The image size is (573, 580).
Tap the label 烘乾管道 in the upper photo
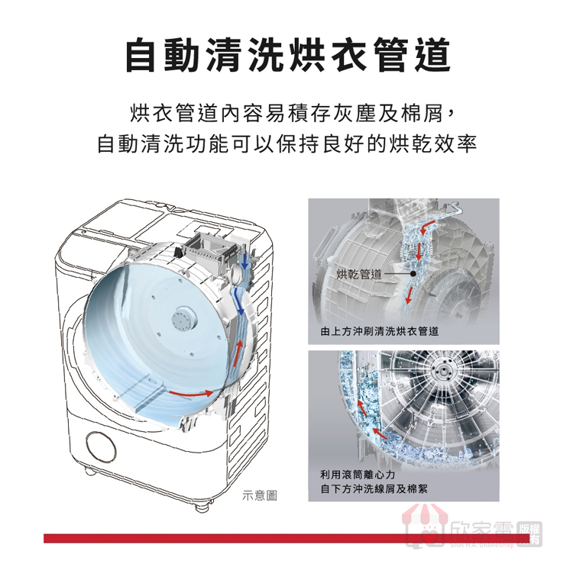click(359, 274)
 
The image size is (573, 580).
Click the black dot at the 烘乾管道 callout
click(413, 274)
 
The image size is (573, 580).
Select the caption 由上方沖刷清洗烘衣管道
click(379, 331)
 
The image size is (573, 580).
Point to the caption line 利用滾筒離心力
click(358, 474)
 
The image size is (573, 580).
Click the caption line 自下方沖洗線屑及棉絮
click(374, 489)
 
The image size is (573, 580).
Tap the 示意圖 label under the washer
click(259, 495)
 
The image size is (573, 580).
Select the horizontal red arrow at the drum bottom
click(191, 393)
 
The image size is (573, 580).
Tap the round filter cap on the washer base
click(101, 446)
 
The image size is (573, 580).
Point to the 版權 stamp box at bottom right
click(529, 534)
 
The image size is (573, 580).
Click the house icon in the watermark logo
click(425, 526)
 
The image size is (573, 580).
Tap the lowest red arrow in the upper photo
click(409, 295)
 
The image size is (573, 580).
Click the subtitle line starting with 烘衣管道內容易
click(291, 113)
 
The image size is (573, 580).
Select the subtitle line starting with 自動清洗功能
click(286, 143)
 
